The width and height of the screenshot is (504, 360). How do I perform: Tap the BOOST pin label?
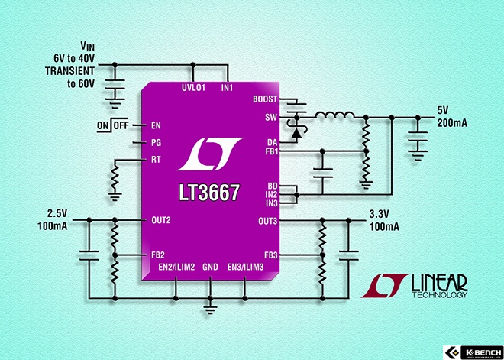[264, 99]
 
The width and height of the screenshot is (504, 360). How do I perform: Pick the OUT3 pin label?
[267, 221]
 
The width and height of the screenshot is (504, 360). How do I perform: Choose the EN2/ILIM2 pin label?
[176, 267]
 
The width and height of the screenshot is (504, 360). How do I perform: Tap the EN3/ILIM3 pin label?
[245, 267]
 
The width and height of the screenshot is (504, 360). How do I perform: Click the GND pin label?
[210, 267]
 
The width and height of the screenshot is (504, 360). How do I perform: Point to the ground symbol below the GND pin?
[210, 306]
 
